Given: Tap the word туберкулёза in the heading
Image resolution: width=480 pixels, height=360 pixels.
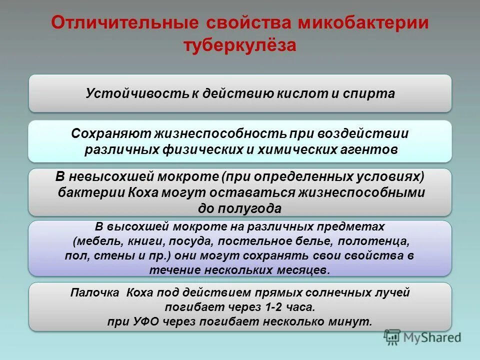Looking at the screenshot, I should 239,45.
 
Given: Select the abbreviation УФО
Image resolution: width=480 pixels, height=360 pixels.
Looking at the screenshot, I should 146,321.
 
